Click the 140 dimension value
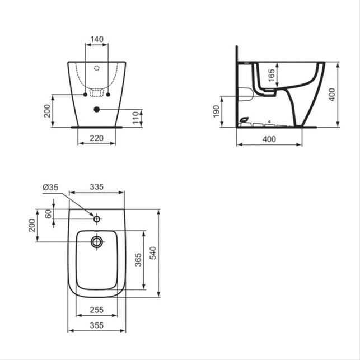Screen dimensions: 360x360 (x=97, y=39)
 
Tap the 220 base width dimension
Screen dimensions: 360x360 (x=97, y=138)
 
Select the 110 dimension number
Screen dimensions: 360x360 (x=136, y=118)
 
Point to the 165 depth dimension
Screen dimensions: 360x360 (x=272, y=75)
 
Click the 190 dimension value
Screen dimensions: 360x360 (x=216, y=111)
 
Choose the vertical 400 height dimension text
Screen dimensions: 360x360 (x=332, y=95)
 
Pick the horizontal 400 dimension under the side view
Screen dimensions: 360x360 (x=269, y=139)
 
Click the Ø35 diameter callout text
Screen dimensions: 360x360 (x=50, y=188)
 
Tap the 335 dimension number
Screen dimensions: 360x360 (x=97, y=187)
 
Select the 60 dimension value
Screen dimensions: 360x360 (x=48, y=214)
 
